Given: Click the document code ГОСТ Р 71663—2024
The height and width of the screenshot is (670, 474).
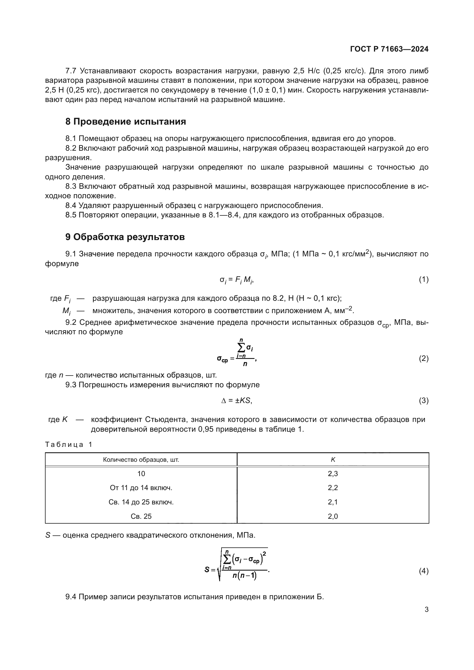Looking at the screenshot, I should [389, 49].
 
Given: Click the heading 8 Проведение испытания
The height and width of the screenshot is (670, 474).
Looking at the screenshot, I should [126, 122].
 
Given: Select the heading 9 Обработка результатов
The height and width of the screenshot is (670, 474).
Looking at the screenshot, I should [125, 237].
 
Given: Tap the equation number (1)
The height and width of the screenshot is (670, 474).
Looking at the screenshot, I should [424, 280].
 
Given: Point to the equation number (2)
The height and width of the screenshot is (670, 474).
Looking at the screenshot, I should [424, 358].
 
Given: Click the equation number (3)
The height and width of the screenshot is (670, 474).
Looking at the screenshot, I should [424, 401].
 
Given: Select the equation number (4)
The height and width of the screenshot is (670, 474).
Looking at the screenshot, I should [424, 571].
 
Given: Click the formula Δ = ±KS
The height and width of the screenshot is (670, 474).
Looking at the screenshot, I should [236, 401].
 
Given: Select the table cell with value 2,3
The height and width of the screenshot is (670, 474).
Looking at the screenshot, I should [333, 473].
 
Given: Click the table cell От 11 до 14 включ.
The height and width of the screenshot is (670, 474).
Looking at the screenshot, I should [141, 488].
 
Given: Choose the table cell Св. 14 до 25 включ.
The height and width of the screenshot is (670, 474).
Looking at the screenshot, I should [141, 502].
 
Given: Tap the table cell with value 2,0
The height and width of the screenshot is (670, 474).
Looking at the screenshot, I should [333, 516].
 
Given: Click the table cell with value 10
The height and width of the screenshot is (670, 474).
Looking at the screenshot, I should [141, 473].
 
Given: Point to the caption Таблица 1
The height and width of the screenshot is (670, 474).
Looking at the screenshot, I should [68, 445].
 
